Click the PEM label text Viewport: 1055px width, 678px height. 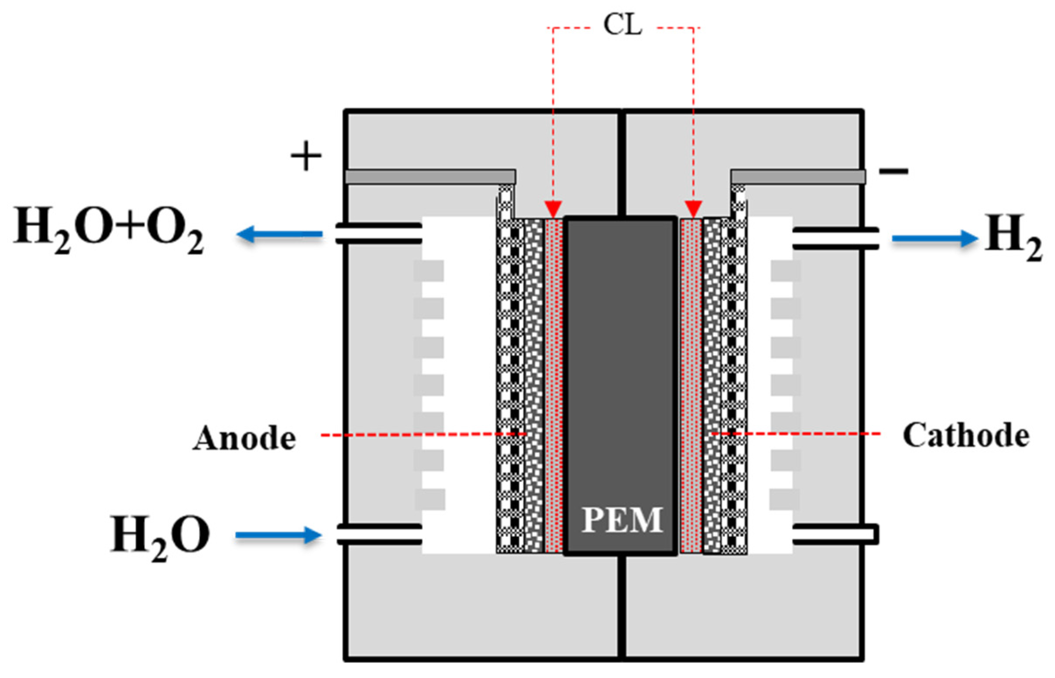tap(622, 520)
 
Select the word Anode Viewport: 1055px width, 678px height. tap(244, 438)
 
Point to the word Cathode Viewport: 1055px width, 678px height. tap(966, 436)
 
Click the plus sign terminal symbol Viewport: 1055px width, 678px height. tap(306, 156)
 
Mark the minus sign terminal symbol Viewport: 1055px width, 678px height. tap(893, 171)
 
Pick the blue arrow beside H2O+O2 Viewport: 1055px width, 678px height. tap(279, 234)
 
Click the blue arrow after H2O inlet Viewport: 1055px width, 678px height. tap(278, 535)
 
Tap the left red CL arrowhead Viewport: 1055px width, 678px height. tap(553, 209)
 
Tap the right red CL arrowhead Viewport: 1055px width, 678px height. tap(693, 209)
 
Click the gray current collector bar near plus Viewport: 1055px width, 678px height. tap(430, 177)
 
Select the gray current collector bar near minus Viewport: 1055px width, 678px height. tap(798, 177)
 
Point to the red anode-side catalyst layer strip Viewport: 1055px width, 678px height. tap(553, 385)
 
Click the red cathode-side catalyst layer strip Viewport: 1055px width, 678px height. tap(691, 385)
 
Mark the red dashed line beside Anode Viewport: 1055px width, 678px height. tap(423, 434)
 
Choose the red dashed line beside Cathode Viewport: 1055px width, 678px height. tap(796, 434)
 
